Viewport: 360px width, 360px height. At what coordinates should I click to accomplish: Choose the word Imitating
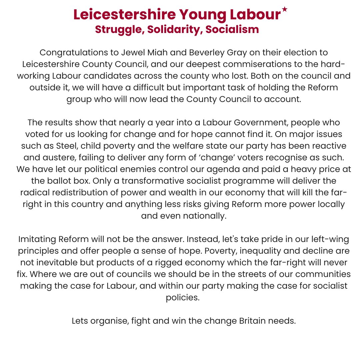pyautogui.click(x=37, y=239)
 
